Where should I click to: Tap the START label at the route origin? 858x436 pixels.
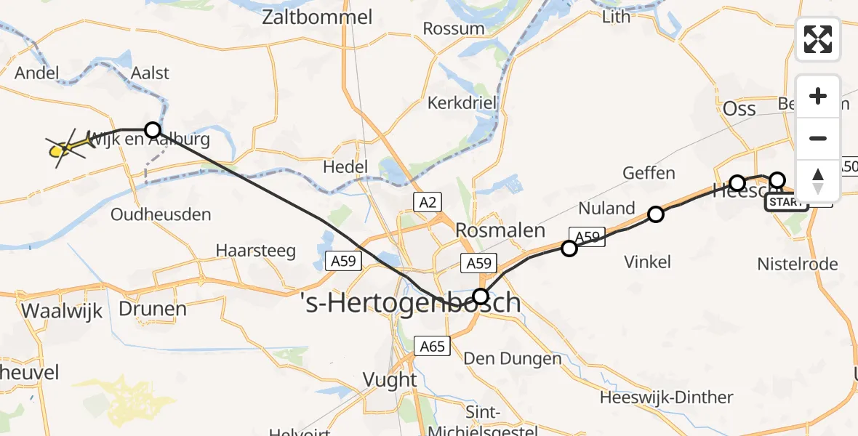[785, 202]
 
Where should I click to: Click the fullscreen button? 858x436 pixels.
[818, 39]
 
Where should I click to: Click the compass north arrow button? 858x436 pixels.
[818, 180]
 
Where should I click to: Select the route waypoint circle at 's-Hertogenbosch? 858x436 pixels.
[481, 296]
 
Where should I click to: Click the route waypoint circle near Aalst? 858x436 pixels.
[152, 130]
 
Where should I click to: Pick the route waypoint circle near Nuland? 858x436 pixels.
[656, 214]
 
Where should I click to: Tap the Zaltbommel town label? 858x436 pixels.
[318, 17]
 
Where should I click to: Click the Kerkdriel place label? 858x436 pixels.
[462, 102]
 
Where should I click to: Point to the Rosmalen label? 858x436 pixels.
[500, 230]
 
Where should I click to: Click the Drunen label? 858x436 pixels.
[153, 309]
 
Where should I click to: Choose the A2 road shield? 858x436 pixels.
[428, 201]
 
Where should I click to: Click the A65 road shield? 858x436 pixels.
[432, 346]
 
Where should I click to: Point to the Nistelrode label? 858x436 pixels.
[797, 264]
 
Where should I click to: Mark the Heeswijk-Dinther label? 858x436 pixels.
[666, 397]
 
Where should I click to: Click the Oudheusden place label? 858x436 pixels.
[161, 214]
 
